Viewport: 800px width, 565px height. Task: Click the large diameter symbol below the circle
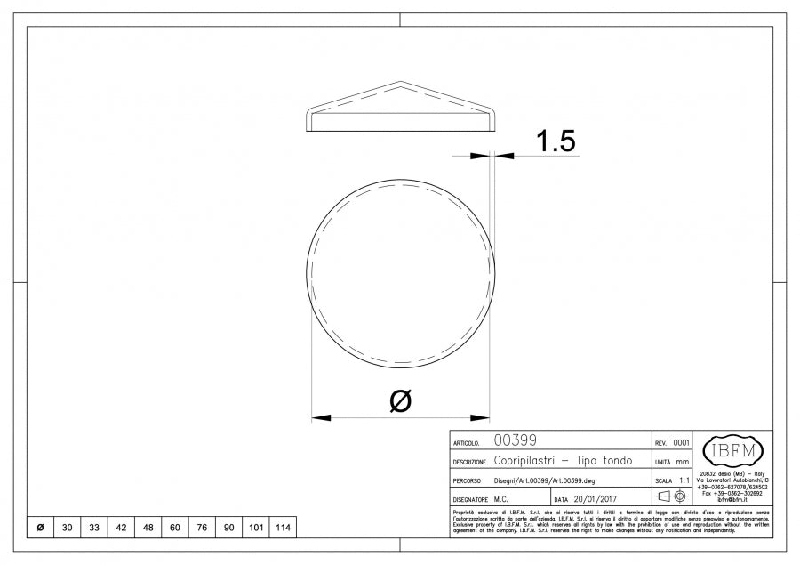401,400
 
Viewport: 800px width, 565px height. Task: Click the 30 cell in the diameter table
68,528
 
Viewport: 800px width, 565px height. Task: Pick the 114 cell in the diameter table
283,528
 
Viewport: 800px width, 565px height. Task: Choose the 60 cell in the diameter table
175,528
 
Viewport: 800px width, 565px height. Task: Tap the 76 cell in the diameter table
202,528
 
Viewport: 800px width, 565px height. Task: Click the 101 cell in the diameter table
256,528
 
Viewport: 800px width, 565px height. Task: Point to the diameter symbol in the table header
40,528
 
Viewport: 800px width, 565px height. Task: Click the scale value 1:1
681,480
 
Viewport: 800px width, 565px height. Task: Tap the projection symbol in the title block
671,496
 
